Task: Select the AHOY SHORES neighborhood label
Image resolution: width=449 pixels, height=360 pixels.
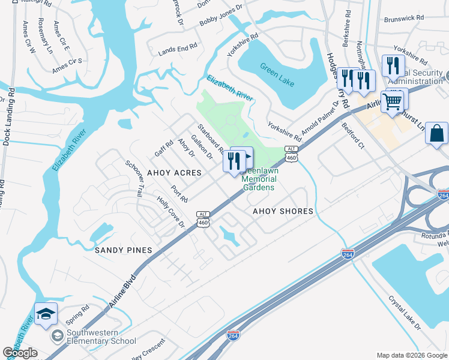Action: point(283,211)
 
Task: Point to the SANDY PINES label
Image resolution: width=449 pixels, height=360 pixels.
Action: point(122,250)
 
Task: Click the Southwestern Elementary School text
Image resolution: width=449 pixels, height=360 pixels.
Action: point(101,337)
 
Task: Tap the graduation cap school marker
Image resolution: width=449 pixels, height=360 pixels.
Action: point(46,314)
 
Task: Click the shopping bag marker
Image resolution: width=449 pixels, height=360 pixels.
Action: point(436,133)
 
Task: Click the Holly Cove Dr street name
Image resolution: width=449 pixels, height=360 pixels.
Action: point(170,213)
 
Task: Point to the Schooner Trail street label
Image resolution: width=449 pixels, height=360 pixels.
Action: point(134,179)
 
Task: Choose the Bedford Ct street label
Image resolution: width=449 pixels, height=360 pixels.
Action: point(353,137)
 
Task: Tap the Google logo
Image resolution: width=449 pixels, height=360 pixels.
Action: point(20,353)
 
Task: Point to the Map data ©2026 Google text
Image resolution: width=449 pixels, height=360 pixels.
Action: point(411,355)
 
